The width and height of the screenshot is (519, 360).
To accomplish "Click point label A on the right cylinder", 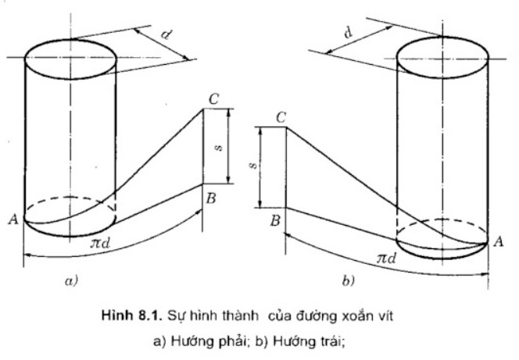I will click(498, 243).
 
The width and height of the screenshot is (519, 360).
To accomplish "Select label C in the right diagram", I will click(280, 117).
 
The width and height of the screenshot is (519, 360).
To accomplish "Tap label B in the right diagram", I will click(274, 221).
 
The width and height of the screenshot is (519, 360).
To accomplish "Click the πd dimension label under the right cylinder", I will click(385, 258).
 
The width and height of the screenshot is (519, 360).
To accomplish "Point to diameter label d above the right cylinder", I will click(346, 34).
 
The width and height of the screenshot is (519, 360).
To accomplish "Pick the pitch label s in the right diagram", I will click(252, 166).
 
